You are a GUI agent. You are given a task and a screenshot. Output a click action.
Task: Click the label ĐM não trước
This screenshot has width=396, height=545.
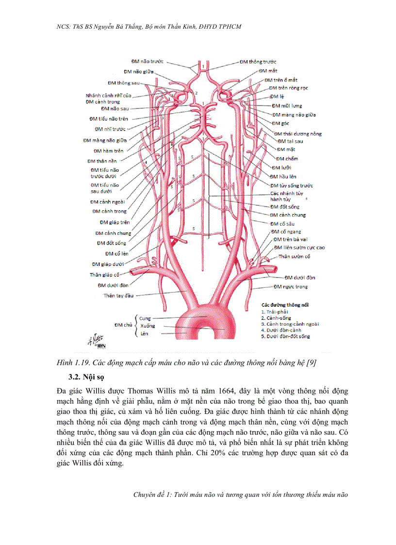click(147, 62)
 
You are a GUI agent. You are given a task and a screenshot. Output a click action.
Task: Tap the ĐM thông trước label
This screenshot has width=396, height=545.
click(258, 62)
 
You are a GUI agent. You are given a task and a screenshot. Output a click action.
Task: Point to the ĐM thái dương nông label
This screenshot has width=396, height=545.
click(298, 133)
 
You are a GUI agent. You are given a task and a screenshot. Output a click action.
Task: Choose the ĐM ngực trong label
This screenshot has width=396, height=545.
click(291, 286)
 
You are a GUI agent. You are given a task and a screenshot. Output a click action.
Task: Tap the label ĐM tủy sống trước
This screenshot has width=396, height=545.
click(292, 185)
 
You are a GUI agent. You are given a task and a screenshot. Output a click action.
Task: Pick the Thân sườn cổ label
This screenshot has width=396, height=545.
click(294, 256)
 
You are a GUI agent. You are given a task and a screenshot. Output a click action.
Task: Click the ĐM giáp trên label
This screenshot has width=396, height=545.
click(115, 222)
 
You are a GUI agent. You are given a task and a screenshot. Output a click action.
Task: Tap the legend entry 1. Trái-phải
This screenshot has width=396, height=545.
click(275, 311)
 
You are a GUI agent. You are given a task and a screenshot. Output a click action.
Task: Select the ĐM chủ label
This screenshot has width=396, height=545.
click(122, 325)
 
